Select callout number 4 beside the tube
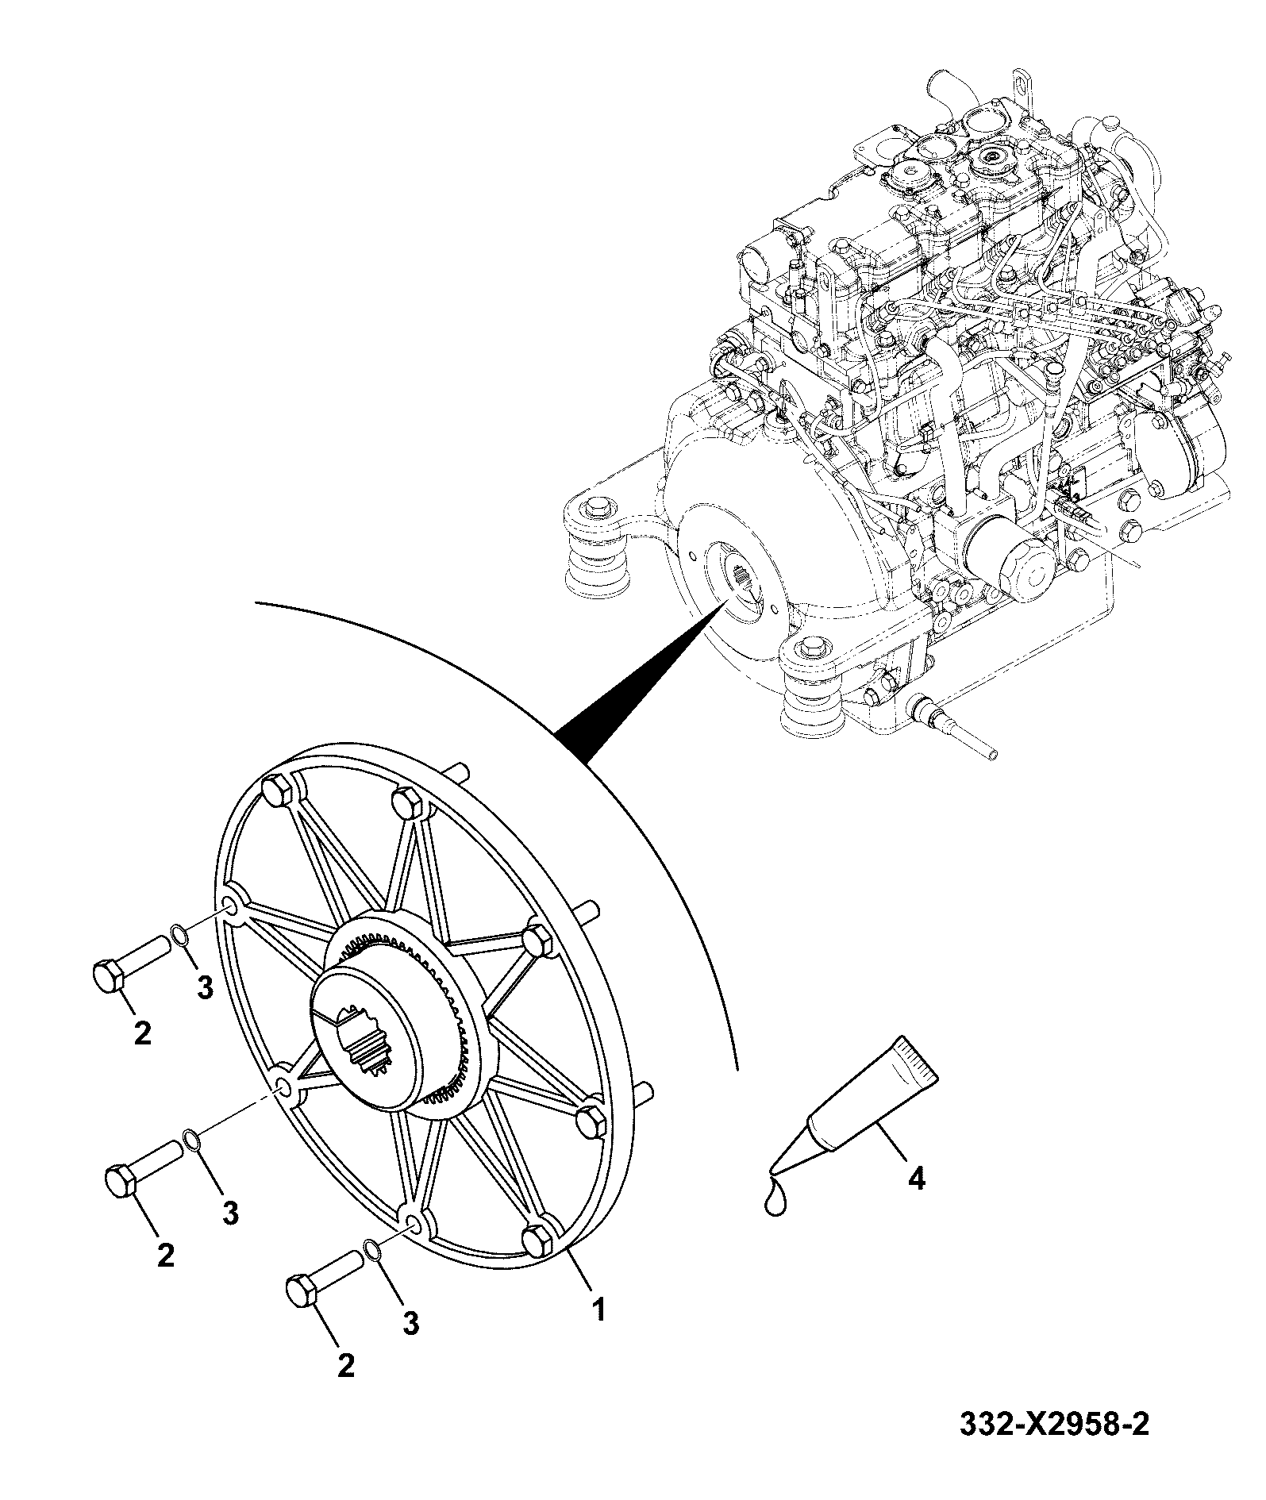[916, 1201]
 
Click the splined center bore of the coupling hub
[364, 1037]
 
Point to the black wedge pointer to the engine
[643, 679]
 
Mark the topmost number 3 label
[205, 987]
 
